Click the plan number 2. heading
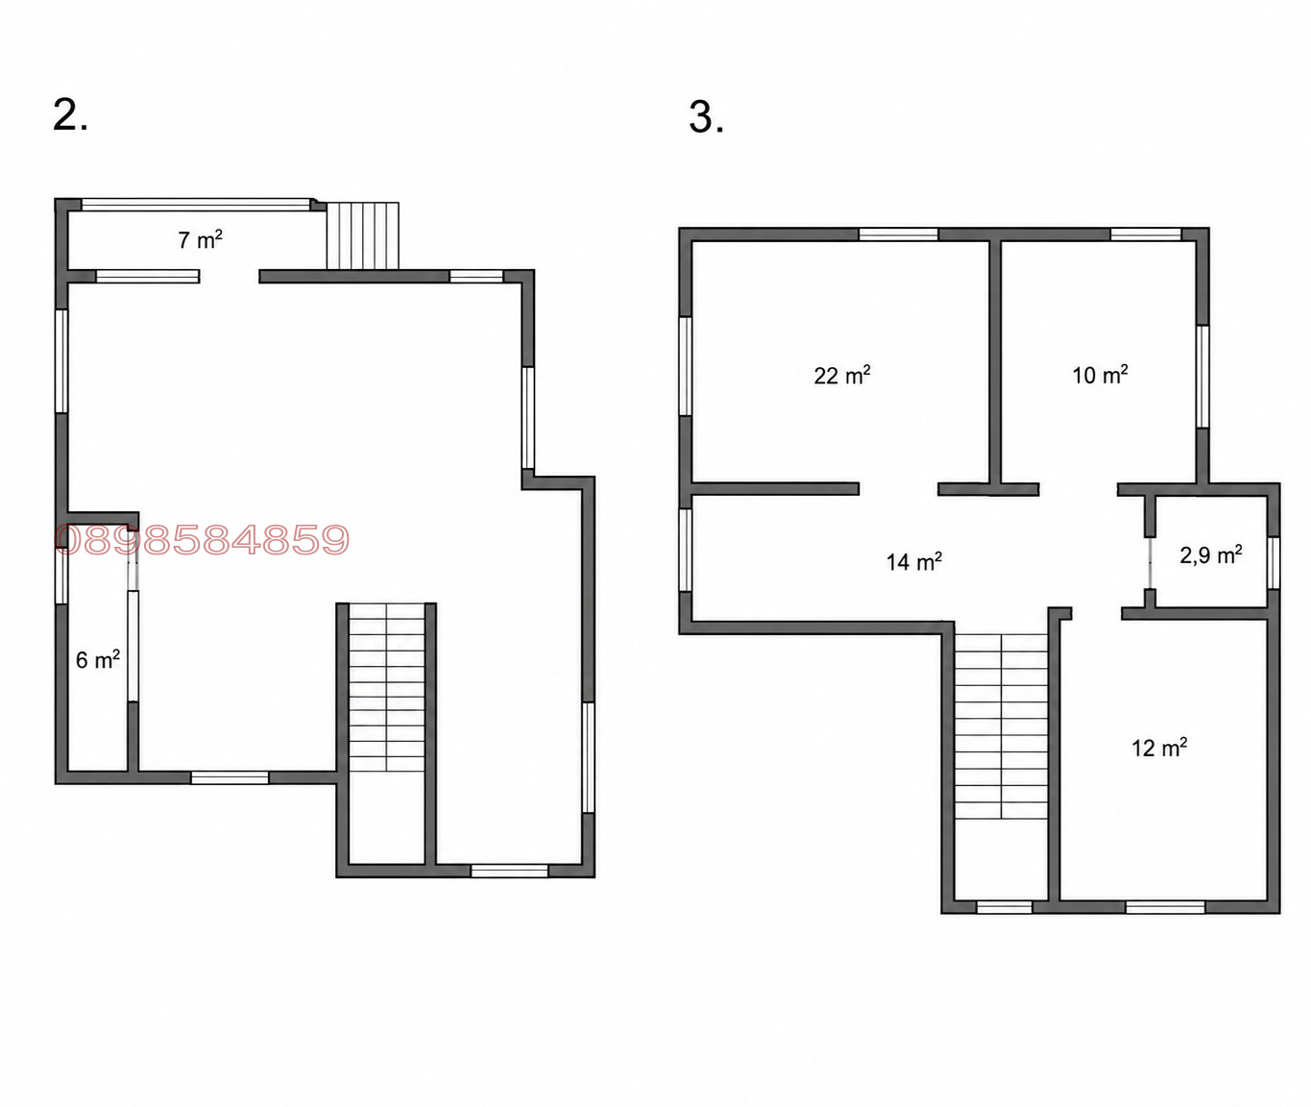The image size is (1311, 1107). coord(70,115)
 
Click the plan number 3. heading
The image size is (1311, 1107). coord(706,117)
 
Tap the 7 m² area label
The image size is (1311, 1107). coord(201,239)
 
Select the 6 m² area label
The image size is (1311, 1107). coord(98,659)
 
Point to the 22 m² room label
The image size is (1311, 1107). coord(842,375)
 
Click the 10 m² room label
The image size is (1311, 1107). coord(1100,375)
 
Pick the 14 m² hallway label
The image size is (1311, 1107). coord(913,561)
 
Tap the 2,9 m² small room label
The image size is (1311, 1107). coord(1210,554)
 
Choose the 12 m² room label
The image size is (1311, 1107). coord(1159,748)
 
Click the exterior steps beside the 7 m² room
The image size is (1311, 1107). coord(362,235)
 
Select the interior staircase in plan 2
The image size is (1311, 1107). coord(387,687)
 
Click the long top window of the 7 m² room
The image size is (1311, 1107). coord(196,204)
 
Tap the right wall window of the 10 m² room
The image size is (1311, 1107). coord(1202,377)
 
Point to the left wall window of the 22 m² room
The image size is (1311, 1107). coord(686,366)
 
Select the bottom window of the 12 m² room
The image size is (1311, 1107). coord(1165,907)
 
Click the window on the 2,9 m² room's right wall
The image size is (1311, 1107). coord(1273,562)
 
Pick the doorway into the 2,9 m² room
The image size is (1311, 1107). coord(1150,563)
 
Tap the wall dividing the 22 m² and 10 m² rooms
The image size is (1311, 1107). coord(995,362)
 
